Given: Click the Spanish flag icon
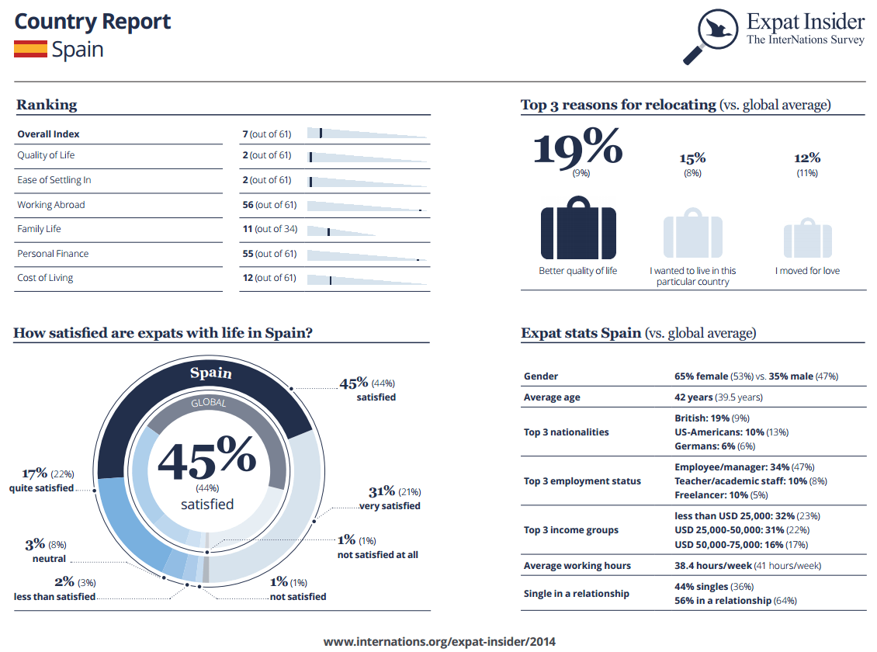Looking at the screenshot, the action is (x=31, y=49).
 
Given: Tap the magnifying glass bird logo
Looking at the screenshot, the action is (x=710, y=36).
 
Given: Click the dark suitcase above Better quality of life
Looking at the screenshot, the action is (x=578, y=227).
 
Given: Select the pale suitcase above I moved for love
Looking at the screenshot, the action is (x=808, y=238).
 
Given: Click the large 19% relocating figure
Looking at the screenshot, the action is (x=577, y=147).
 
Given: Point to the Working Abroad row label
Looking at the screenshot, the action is (x=51, y=205).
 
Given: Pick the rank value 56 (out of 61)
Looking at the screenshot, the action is (x=269, y=205).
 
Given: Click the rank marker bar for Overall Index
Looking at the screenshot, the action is (x=321, y=133).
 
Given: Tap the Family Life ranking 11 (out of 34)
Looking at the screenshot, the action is (x=270, y=229).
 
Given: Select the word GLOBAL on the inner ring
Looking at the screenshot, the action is (x=209, y=403).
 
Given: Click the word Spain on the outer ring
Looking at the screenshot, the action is (x=211, y=373).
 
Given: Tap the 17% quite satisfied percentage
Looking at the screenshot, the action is (x=35, y=473).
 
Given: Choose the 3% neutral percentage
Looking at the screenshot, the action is (x=35, y=544).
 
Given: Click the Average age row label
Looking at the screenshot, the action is (x=552, y=397).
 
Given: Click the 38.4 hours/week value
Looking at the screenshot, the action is (x=713, y=565).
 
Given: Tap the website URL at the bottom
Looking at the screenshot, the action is (x=439, y=641).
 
